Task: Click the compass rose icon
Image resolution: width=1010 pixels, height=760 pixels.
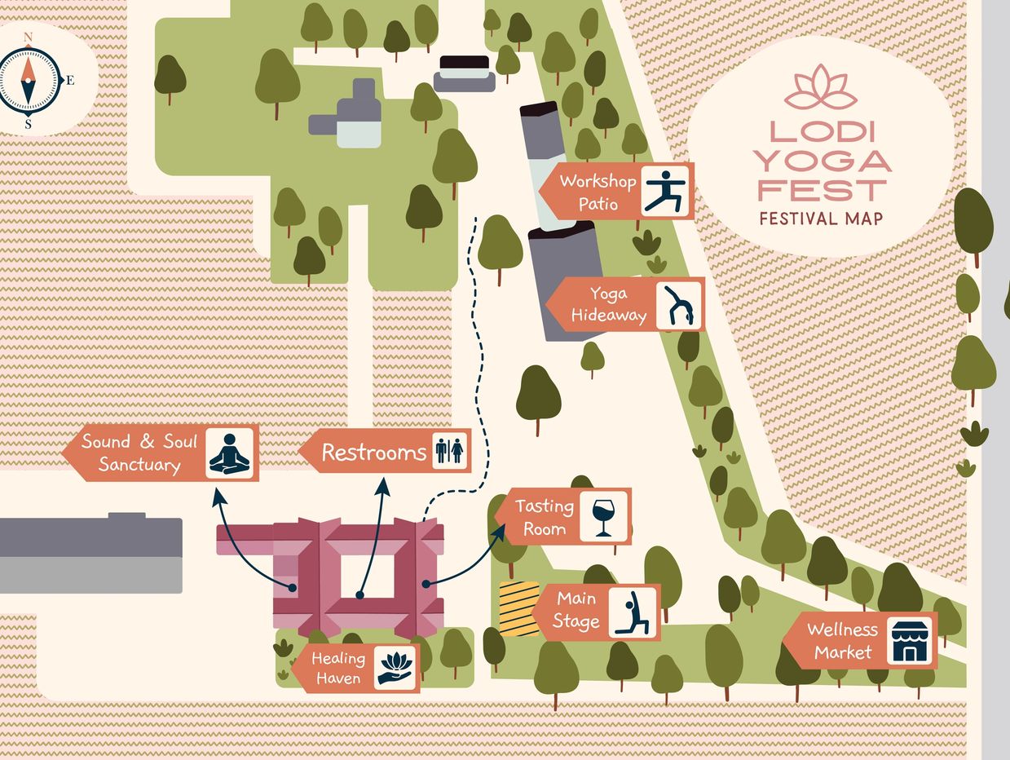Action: pos(29,79)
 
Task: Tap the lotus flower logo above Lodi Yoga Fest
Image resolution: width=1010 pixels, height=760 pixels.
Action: pos(820,89)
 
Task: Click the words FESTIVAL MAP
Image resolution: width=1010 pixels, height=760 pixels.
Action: pos(820,219)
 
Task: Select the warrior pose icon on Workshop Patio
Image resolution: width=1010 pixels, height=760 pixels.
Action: pos(666,191)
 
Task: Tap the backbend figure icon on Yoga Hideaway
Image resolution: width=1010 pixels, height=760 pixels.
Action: pos(679,304)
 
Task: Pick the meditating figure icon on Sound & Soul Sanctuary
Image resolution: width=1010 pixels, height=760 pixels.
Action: pos(230,453)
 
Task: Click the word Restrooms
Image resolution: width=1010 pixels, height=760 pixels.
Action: pos(374,453)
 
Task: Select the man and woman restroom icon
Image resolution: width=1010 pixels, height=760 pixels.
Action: pos(449,451)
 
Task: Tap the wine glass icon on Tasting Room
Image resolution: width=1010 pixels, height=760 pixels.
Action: pos(603,517)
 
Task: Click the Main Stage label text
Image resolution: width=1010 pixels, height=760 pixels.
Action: pos(576,611)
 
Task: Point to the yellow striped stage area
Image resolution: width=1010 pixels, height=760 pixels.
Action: pos(518,608)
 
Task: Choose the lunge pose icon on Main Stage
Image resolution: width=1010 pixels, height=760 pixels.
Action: pos(633,612)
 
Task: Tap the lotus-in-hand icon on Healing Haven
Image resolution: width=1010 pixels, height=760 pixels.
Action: pos(396,668)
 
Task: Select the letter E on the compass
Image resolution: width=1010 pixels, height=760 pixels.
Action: pos(70,80)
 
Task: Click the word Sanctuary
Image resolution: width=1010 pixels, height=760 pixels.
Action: pos(139,465)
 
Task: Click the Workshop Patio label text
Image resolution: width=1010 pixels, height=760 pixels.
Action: pos(598,192)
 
